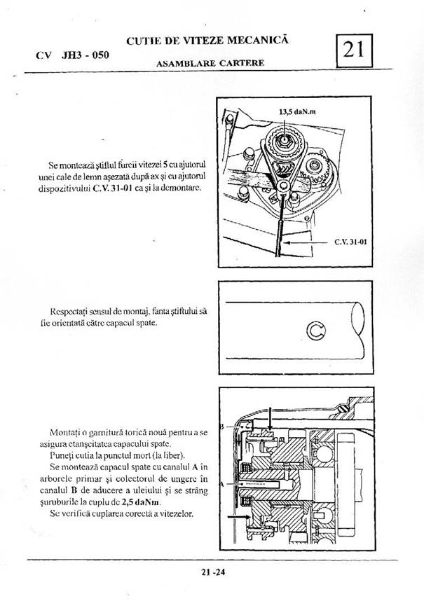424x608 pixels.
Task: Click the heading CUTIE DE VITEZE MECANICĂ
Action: [207, 42]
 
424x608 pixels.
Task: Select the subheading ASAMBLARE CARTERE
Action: [210, 63]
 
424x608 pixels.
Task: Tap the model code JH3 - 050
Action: [83, 54]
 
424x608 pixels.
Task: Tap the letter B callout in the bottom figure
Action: [221, 426]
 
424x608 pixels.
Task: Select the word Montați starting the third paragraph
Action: [66, 431]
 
